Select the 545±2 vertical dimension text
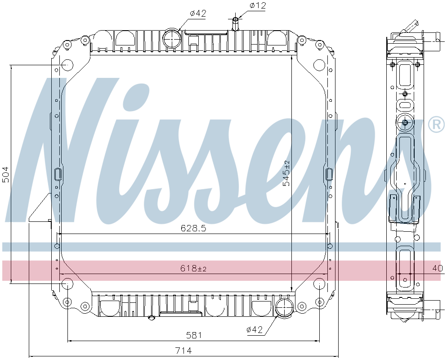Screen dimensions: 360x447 pos(286,173)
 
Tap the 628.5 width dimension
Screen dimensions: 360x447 pos(193,228)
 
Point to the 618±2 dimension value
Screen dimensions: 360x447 pos(193,269)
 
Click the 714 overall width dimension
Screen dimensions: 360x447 pos(183,351)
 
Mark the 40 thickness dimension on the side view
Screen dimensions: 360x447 pos(437,269)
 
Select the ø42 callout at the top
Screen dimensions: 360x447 pos(198,13)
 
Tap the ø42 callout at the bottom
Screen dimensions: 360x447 pos(254,330)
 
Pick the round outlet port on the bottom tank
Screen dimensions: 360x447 pos(285,308)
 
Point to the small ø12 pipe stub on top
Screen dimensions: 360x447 pos(235,24)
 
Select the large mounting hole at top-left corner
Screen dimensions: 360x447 pos(67,65)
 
